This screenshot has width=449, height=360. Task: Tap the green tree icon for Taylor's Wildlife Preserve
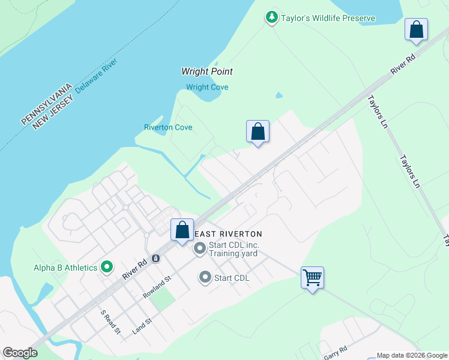click(272, 17)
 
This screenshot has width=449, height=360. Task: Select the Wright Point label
click(207, 71)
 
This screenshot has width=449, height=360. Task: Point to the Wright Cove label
click(206, 87)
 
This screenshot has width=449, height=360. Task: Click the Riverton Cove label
click(168, 127)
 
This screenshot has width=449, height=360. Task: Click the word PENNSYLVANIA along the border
click(46, 104)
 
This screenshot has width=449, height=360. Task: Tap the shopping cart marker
click(312, 278)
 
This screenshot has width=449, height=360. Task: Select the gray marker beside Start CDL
click(205, 277)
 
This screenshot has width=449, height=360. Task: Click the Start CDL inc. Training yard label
click(233, 250)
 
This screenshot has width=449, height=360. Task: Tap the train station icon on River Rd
click(156, 259)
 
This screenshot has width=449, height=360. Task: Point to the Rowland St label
click(157, 287)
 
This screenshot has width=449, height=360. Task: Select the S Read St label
click(110, 322)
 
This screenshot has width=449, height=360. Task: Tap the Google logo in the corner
click(20, 353)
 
